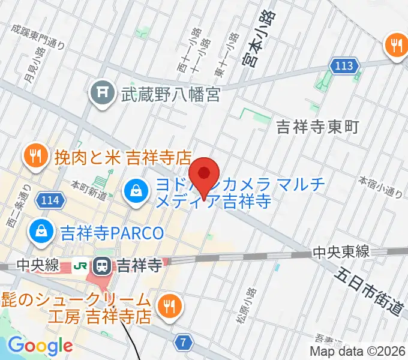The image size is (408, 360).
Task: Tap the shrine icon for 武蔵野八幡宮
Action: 101,93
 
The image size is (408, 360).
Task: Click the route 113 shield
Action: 344,66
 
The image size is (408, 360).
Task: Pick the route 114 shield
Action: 50,200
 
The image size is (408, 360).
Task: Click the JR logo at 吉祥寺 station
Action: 79,265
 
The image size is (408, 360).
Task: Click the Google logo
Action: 40,346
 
